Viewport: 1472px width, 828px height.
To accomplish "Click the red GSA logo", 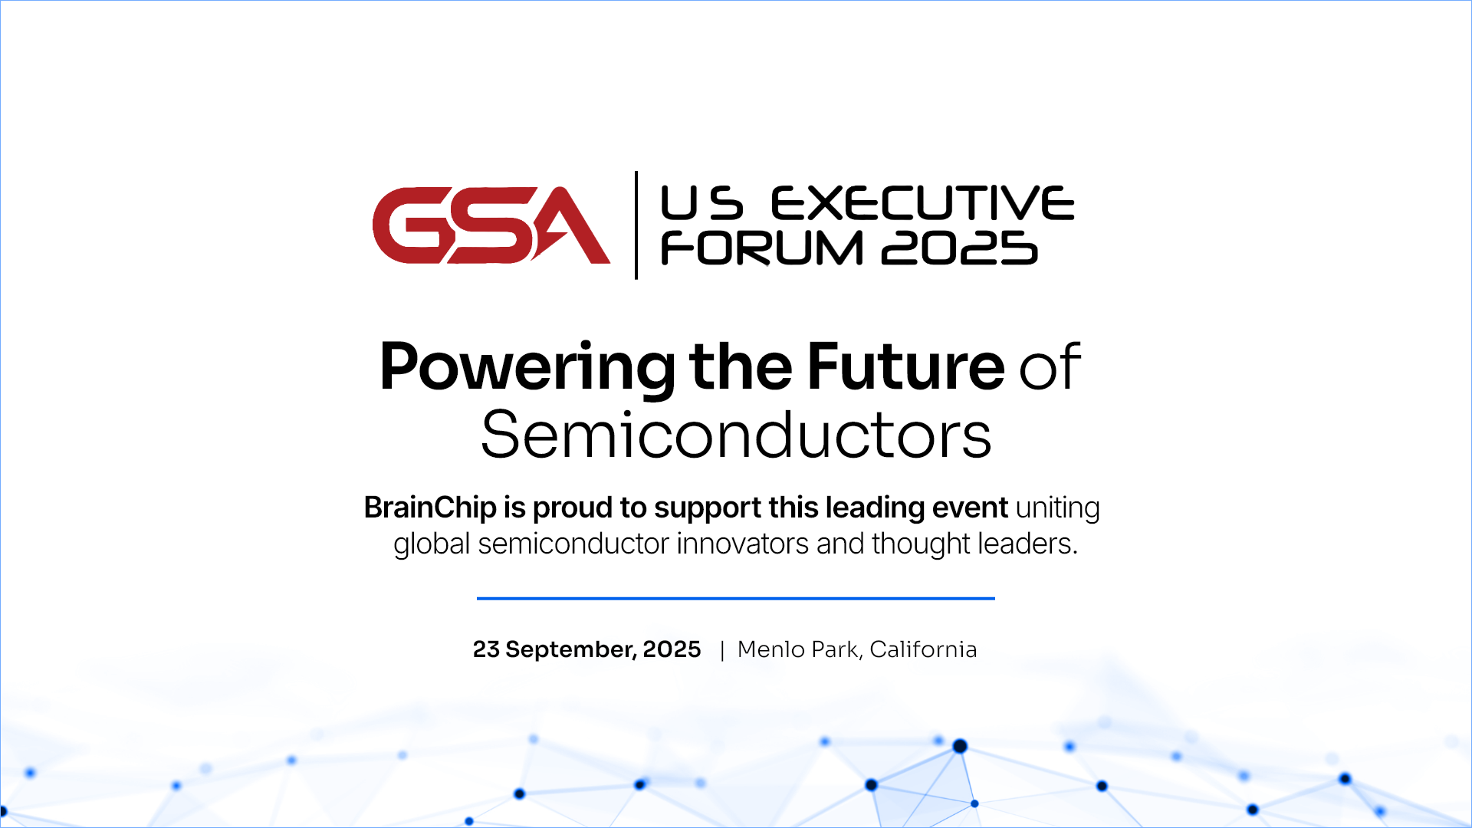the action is pos(491,225).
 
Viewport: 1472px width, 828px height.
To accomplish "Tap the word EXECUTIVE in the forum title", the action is pos(922,203).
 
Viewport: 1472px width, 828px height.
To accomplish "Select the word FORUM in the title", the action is pos(762,248).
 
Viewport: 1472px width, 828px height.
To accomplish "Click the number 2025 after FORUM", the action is pos(960,248).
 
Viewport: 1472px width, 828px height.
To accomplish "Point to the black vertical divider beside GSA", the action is pos(636,225).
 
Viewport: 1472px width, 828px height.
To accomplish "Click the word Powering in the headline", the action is pos(527,367).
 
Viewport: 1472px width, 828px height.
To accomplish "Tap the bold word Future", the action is pos(905,366).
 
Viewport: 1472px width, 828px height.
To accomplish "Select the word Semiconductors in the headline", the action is pos(736,435).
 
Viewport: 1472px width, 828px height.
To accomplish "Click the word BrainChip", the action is pos(430,508).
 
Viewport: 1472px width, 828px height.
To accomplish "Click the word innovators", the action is pos(742,544).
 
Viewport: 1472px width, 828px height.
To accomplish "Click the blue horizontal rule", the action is pos(736,598).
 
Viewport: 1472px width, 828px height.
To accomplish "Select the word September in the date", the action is pos(570,650).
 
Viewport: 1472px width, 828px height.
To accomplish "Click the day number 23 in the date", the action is pos(486,649).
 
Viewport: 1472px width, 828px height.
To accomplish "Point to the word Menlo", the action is pos(770,649).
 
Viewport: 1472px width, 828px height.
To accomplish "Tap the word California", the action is pos(923,649).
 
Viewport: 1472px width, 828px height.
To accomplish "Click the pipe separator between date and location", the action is pos(722,651).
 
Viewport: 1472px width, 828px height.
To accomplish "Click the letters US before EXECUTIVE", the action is pos(701,203).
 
